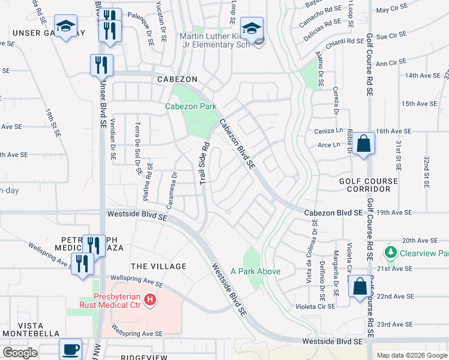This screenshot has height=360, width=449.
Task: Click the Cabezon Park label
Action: (x=191, y=106)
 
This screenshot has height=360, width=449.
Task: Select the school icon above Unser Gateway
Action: (x=65, y=27)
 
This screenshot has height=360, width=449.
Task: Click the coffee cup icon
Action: (x=71, y=349)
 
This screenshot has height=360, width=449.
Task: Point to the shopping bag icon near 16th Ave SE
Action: (x=363, y=144)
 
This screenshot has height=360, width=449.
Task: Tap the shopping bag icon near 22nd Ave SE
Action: (x=360, y=287)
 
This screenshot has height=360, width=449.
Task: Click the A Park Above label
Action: (x=255, y=271)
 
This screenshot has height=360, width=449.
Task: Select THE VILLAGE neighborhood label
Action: (x=158, y=266)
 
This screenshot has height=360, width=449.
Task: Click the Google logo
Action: (x=19, y=353)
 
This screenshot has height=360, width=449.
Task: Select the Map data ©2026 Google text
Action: (x=412, y=355)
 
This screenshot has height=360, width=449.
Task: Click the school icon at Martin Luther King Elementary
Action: (x=252, y=28)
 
